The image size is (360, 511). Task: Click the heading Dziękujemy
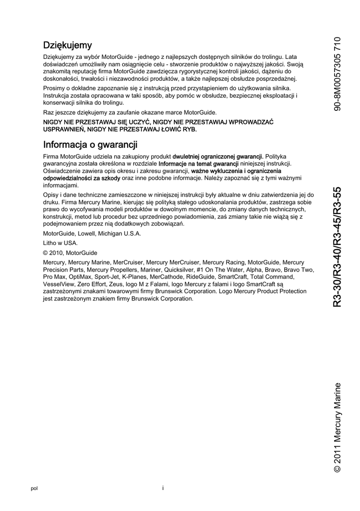[x=67, y=46]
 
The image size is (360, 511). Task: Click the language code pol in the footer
[x=34, y=489]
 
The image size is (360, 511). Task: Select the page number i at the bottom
[x=163, y=488]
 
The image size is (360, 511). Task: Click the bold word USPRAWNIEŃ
[x=64, y=129]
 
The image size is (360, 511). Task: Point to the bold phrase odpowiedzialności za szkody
[x=82, y=178]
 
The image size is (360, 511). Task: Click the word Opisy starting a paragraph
[x=52, y=195]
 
